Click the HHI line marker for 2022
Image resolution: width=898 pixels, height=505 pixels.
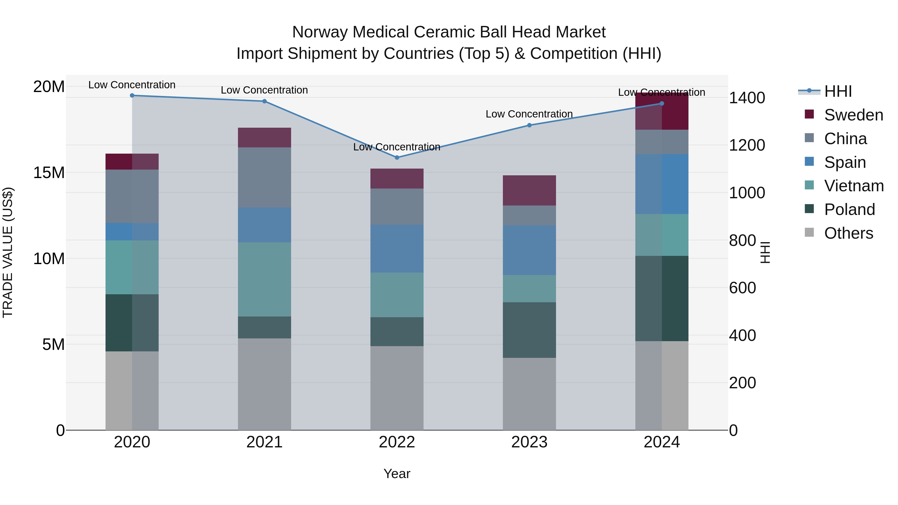pyautogui.click(x=397, y=158)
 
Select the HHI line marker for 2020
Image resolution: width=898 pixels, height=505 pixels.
pyautogui.click(x=132, y=96)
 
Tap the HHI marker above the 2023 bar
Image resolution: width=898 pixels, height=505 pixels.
pyautogui.click(x=529, y=125)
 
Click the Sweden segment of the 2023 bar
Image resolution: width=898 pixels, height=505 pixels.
pyautogui.click(x=529, y=190)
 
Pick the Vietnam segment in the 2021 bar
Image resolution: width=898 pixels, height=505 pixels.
pyautogui.click(x=264, y=280)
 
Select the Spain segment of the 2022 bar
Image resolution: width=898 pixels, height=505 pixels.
pyautogui.click(x=397, y=248)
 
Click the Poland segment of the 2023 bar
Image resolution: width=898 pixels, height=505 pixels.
pyautogui.click(x=529, y=330)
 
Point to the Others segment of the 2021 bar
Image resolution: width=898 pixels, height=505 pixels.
pyautogui.click(x=264, y=384)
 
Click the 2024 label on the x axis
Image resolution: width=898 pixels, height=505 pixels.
pyautogui.click(x=662, y=442)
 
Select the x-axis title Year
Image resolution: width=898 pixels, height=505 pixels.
pyautogui.click(x=397, y=474)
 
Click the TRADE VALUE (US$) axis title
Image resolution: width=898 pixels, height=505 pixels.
pyautogui.click(x=8, y=252)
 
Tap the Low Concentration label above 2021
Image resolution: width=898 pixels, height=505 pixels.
pyautogui.click(x=264, y=90)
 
